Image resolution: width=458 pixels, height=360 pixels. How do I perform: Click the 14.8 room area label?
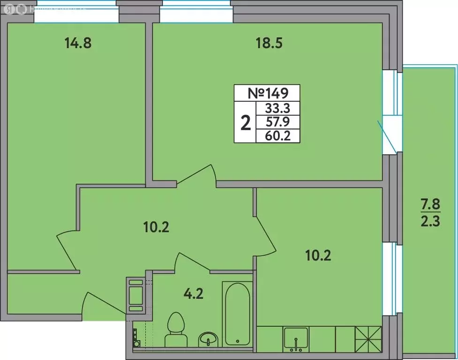click(77, 44)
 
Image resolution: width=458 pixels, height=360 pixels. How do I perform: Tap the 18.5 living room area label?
click(269, 44)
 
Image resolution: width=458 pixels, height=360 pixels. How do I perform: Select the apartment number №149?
click(267, 93)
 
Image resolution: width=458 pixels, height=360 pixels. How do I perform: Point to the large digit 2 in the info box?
click(245, 123)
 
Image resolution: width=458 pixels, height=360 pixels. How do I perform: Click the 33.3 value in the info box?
click(278, 109)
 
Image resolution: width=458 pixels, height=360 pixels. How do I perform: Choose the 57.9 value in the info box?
click(278, 123)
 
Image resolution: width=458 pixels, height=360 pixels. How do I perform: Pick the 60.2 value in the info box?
click(278, 136)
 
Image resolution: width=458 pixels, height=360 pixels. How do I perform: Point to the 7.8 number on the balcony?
click(430, 205)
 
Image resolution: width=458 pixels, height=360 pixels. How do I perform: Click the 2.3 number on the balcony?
click(430, 222)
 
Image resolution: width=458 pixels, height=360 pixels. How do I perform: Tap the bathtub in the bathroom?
click(237, 313)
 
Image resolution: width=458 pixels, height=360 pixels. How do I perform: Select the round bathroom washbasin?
click(208, 338)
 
